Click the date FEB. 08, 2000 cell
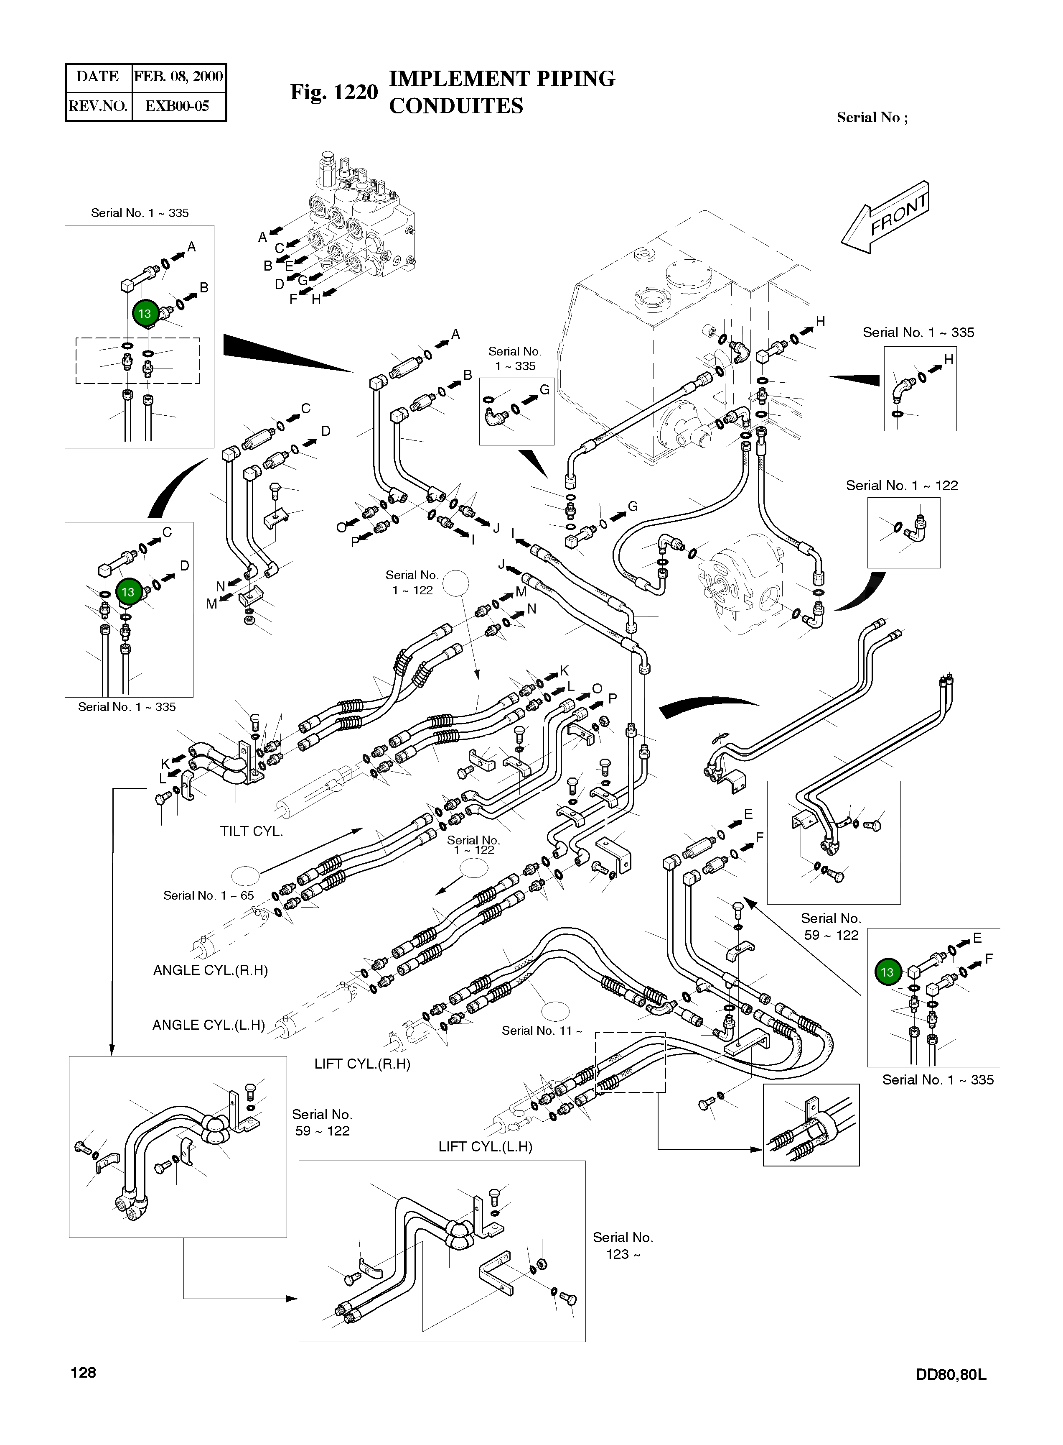coord(178,77)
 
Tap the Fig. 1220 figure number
coord(333,92)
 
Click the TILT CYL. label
coord(251,831)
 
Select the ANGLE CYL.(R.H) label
coord(211,970)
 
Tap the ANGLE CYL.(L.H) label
coord(209,1025)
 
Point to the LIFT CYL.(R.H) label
coord(362,1064)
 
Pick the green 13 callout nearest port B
coord(145,314)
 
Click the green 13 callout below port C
coord(128,592)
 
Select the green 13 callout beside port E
coord(888,972)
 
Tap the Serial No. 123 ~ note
coord(623,1246)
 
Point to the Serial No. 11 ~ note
coord(542,1031)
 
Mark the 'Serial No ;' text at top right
coord(872,117)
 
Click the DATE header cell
coord(98,77)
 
